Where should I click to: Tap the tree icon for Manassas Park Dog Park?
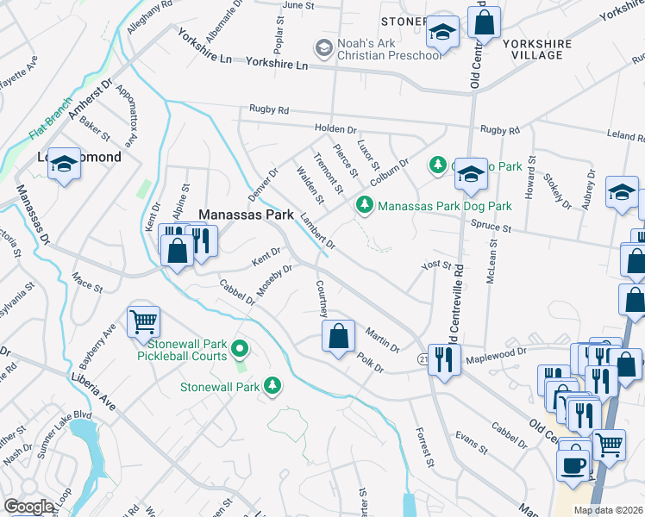click(365, 204)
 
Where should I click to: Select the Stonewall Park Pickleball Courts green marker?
click(241, 349)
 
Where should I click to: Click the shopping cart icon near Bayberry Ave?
click(143, 322)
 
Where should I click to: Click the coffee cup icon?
click(573, 464)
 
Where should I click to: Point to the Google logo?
click(28, 507)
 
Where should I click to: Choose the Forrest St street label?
click(425, 448)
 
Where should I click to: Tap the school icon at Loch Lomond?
click(63, 163)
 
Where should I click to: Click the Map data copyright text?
click(609, 510)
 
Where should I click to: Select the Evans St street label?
click(472, 442)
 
